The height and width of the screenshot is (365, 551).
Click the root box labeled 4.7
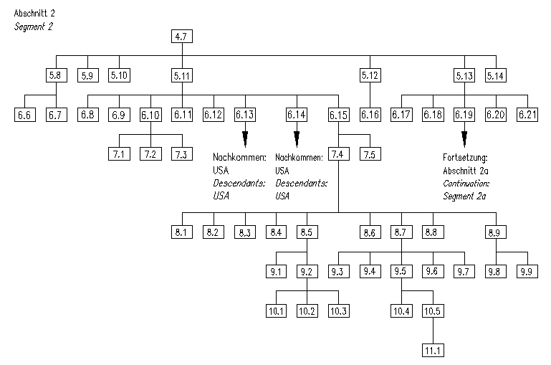click(182, 36)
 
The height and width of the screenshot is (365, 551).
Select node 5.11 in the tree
click(182, 75)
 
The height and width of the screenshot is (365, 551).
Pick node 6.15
click(338, 114)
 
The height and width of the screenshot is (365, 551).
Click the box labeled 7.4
click(338, 153)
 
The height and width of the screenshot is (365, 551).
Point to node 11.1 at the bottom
click(433, 350)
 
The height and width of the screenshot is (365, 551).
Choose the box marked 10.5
click(433, 311)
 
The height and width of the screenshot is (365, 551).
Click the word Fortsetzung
click(464, 158)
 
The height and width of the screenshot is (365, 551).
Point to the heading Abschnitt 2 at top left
click(34, 14)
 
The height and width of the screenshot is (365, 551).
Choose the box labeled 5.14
click(496, 75)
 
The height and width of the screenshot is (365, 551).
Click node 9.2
click(307, 271)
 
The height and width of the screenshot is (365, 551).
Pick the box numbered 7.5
click(370, 153)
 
